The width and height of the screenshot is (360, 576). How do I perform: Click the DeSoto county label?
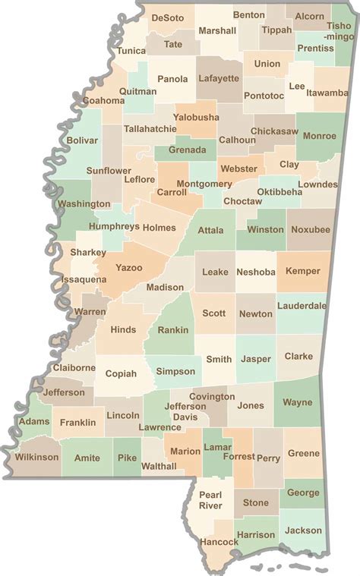tap(168, 17)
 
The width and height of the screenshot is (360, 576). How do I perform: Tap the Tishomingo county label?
tap(339, 30)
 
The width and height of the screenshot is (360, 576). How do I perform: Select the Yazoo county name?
tap(128, 268)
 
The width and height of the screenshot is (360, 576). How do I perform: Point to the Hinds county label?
tap(123, 329)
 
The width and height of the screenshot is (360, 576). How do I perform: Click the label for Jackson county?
tap(302, 530)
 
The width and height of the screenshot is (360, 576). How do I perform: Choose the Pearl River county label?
tap(210, 499)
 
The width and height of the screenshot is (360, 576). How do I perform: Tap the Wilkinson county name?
tap(36, 457)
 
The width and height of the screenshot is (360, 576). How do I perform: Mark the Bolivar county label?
tap(82, 140)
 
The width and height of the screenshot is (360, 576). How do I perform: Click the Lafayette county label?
tap(219, 78)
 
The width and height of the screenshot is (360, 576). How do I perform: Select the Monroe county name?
tap(319, 136)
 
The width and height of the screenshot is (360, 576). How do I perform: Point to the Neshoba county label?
tap(255, 271)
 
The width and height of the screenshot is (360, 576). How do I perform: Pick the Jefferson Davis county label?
tap(185, 412)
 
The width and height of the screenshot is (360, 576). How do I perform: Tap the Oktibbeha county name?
tap(279, 192)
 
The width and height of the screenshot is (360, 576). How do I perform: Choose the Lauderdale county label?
tap(302, 306)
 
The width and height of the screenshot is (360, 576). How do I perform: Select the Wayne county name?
tap(297, 402)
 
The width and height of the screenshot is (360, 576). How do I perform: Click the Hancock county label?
tap(219, 542)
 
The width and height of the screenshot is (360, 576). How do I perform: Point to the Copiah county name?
tap(121, 373)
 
